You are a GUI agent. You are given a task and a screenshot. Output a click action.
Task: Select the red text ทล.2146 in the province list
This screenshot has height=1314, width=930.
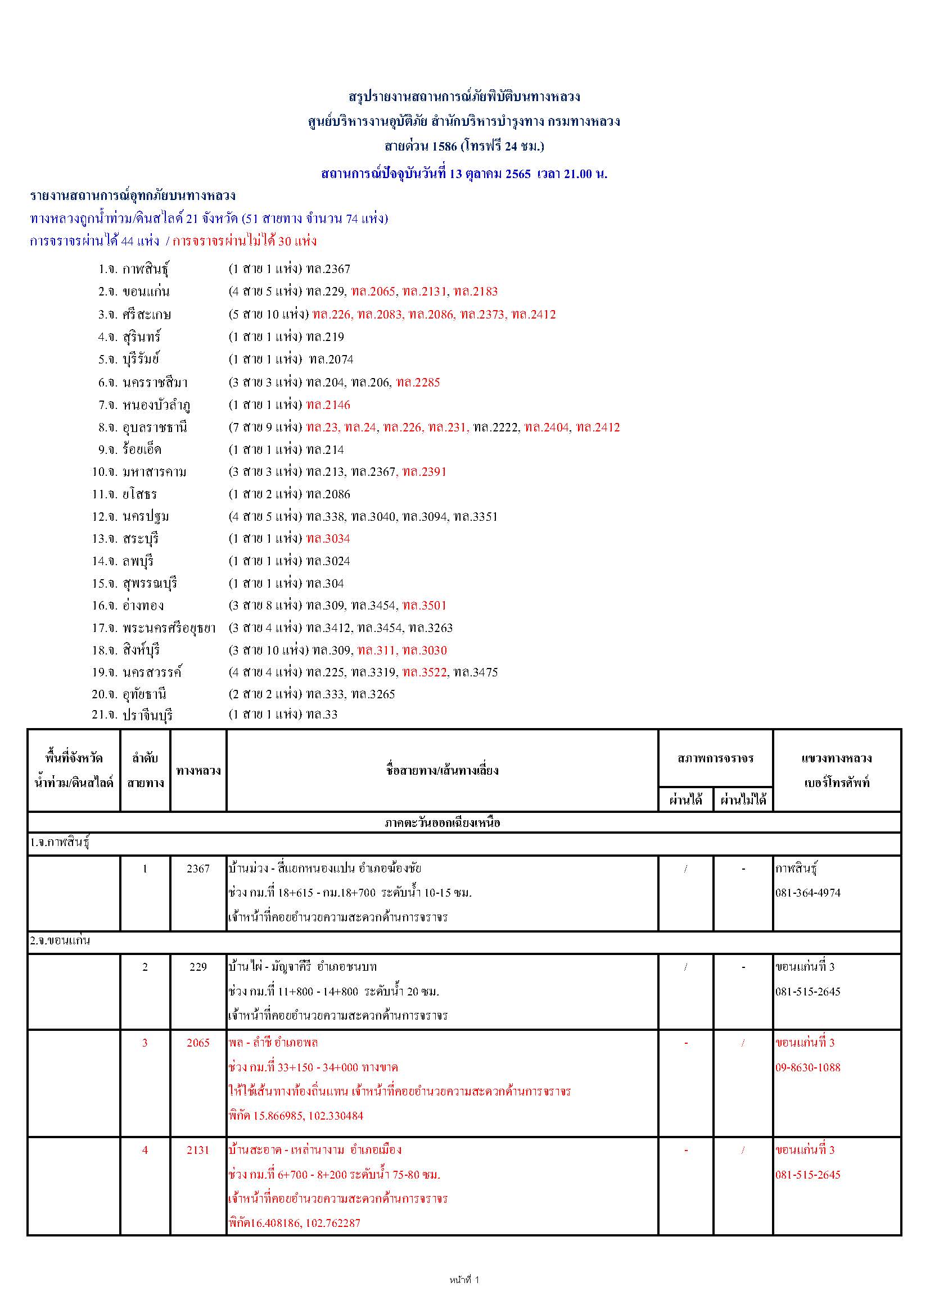(328, 405)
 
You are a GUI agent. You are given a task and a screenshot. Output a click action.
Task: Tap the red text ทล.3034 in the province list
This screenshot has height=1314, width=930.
(328, 539)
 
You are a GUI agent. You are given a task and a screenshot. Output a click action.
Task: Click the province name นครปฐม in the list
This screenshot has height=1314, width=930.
(146, 517)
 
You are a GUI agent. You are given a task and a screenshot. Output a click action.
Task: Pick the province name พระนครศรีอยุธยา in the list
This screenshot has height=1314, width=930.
(169, 628)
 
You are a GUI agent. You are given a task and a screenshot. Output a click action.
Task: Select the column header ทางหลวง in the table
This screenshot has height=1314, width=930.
(198, 771)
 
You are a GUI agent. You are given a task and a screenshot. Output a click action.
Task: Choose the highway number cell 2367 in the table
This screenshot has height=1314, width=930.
(198, 869)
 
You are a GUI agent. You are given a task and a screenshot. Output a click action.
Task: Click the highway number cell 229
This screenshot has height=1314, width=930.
(198, 967)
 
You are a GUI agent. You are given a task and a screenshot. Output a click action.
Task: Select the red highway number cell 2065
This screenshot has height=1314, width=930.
(198, 1043)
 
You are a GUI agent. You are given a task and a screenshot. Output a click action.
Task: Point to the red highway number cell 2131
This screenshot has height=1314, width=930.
(198, 1151)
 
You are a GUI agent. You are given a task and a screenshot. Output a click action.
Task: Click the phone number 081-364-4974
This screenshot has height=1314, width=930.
(808, 893)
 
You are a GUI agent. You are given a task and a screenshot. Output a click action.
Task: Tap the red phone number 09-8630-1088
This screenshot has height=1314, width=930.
(808, 1067)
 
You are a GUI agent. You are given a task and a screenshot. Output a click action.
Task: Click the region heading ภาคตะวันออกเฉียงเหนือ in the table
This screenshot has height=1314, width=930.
(442, 823)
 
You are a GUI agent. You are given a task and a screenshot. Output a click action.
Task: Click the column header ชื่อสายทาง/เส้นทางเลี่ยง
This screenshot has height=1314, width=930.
(442, 771)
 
